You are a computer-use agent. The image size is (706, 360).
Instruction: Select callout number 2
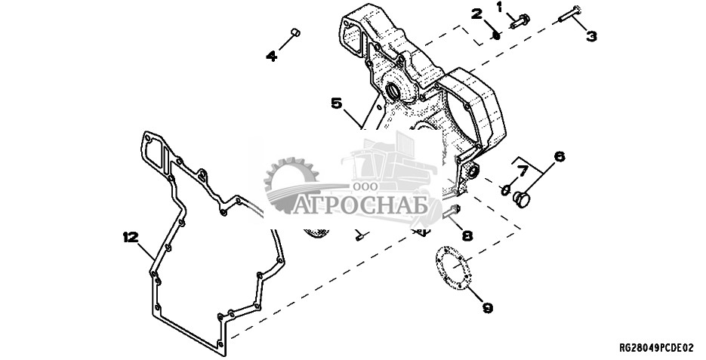477,14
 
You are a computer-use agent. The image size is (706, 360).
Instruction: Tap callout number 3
591,36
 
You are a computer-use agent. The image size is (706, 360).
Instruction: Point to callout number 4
272,57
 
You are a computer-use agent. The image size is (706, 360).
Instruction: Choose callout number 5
337,103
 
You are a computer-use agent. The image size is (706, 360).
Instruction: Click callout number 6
559,156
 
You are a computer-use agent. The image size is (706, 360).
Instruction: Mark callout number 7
522,171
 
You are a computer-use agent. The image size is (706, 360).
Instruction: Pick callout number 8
467,235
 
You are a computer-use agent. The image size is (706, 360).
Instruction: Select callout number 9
488,308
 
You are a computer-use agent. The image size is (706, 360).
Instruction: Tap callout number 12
131,237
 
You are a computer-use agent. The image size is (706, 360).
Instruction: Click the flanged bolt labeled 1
520,21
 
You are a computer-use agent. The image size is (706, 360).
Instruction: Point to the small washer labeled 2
496,35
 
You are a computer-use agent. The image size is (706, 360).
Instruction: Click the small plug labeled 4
295,32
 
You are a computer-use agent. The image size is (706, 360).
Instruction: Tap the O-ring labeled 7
506,190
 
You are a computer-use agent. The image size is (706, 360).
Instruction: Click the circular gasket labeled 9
452,269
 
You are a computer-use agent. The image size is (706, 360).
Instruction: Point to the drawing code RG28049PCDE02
656,348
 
